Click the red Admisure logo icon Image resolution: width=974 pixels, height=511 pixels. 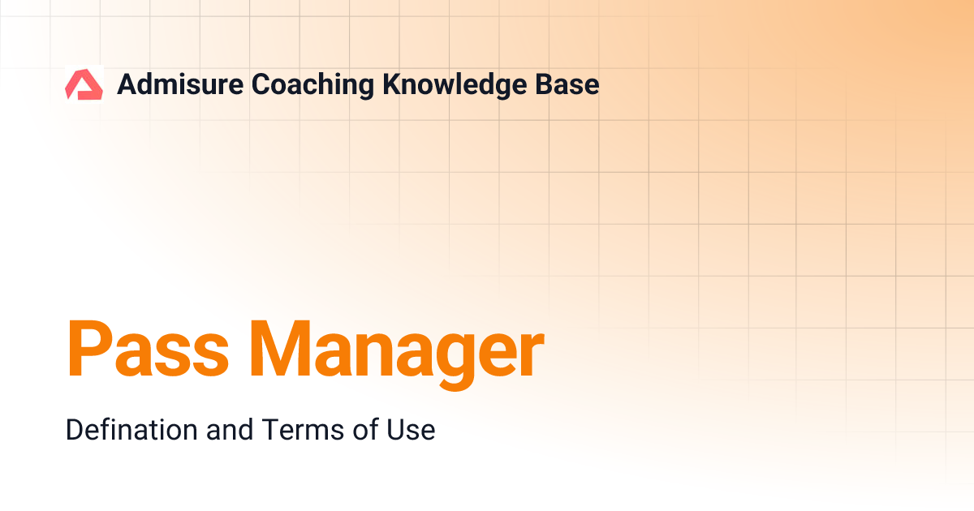[x=84, y=84]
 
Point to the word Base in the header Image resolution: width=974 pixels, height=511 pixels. [x=571, y=84]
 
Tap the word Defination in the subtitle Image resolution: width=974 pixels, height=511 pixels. [x=131, y=430]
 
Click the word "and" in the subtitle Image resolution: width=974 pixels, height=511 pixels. [x=229, y=430]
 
